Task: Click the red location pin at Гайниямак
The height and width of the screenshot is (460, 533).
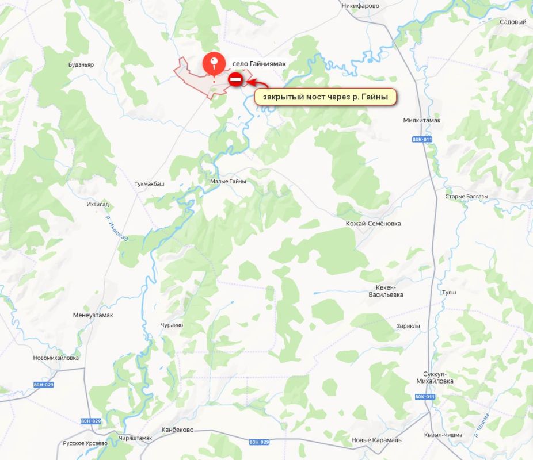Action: coord(214,64)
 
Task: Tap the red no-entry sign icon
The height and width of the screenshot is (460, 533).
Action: coord(235,79)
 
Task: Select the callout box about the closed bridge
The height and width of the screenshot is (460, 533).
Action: coord(326,97)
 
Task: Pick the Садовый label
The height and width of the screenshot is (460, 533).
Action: coord(513,22)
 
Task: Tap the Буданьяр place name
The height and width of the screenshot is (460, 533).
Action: coord(81,65)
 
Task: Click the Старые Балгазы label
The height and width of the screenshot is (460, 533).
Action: coord(466,197)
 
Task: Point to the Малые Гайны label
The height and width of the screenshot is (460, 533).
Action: coord(228,181)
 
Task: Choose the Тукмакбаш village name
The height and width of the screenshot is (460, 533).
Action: coord(149,184)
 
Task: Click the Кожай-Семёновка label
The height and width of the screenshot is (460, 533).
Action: coord(373,223)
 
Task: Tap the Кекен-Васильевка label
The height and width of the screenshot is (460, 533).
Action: coord(386,290)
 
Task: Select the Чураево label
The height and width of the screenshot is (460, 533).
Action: coord(172,325)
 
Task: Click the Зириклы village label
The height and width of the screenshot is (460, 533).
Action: coord(408,326)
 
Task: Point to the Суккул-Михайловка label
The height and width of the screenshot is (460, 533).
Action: coord(435,377)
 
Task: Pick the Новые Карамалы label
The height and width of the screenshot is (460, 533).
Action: coord(377,440)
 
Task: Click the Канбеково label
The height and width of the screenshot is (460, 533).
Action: coord(177,430)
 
